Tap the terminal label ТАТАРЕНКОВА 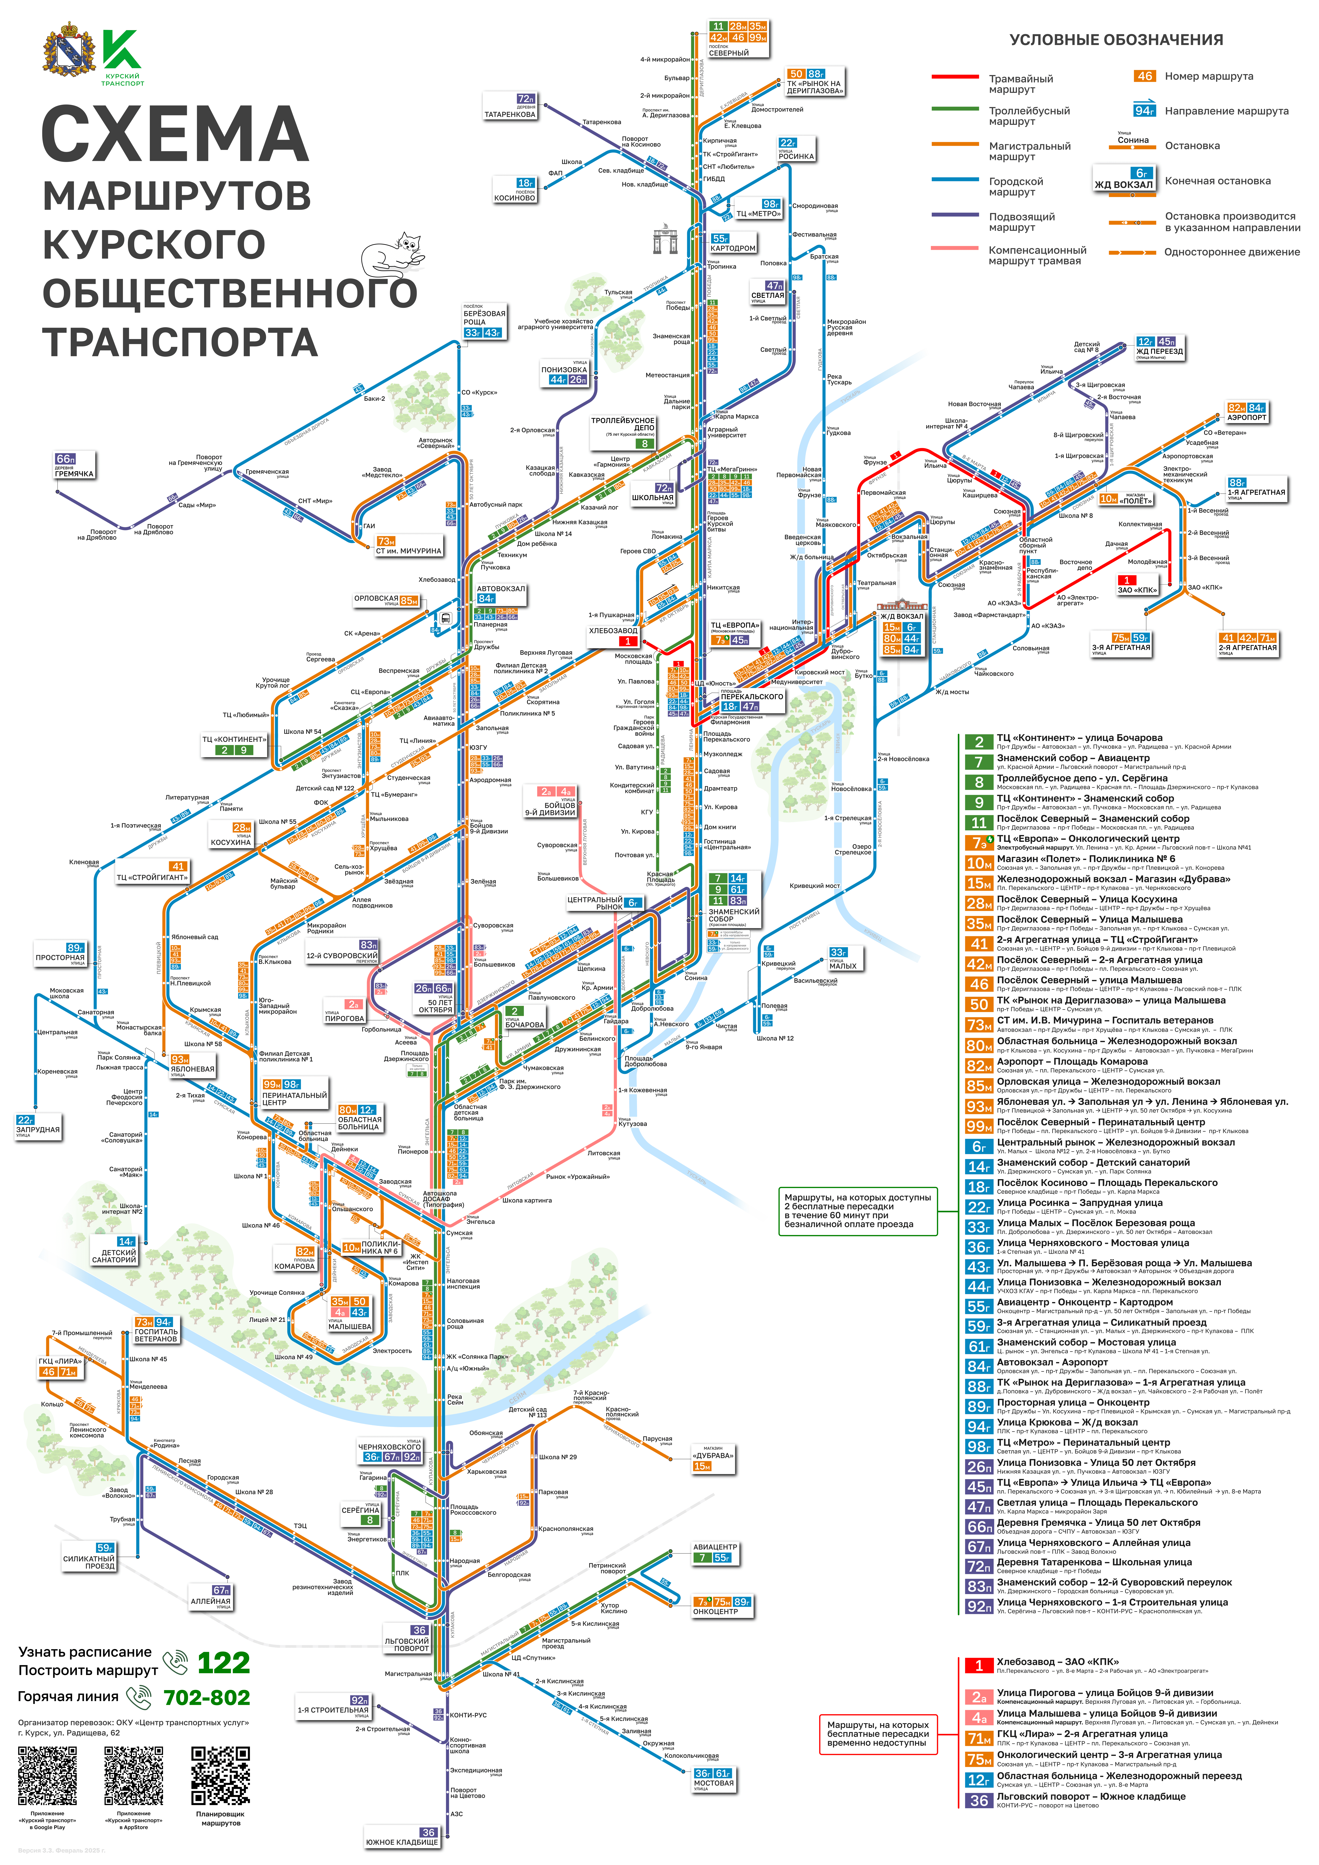pyautogui.click(x=510, y=115)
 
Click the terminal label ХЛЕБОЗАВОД pyautogui.click(x=613, y=630)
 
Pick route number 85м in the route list pyautogui.click(x=979, y=1086)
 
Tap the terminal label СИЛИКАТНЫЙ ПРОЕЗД pyautogui.click(x=89, y=1562)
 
